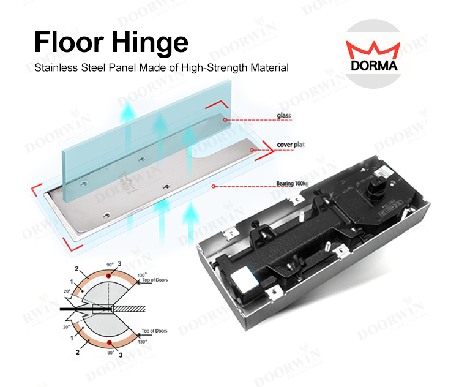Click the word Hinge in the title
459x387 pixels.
[x=146, y=43]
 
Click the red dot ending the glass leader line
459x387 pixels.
[x=226, y=120]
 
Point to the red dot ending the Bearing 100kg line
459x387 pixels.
[x=212, y=186]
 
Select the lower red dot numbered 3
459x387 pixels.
[x=108, y=344]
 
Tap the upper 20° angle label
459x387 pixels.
[x=66, y=293]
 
